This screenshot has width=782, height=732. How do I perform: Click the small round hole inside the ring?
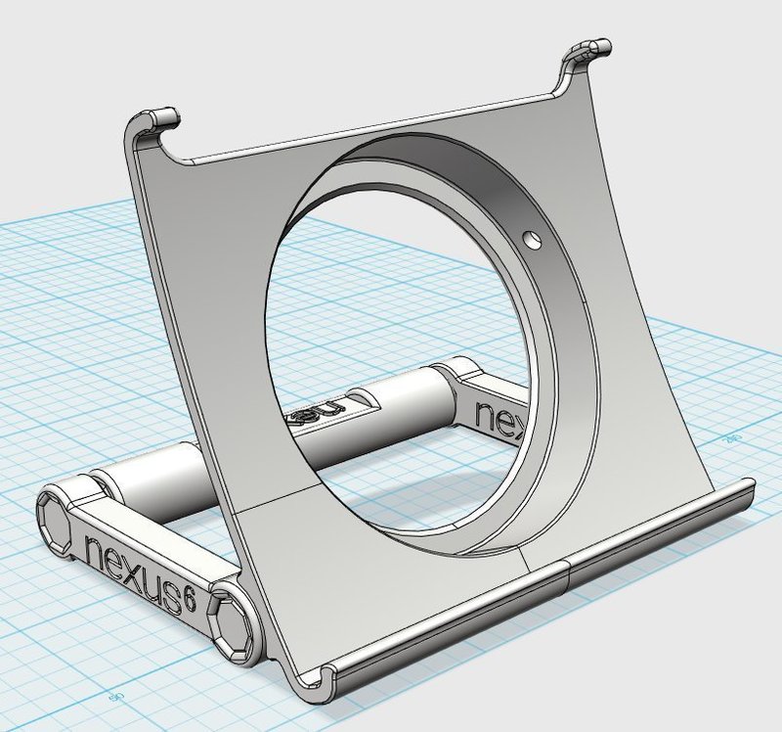click(x=532, y=238)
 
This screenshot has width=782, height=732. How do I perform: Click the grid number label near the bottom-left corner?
click(x=114, y=697)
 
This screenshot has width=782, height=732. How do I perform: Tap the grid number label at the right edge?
click(x=728, y=440)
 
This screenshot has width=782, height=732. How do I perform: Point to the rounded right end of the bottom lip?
click(x=748, y=489)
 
